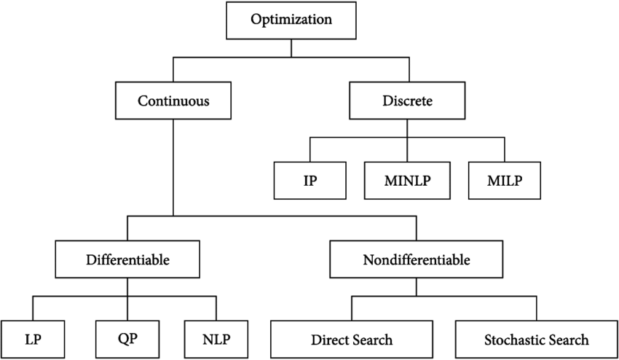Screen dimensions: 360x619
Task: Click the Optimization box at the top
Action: pos(291,20)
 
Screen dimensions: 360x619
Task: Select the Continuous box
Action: pos(173,101)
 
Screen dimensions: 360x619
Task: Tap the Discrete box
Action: pos(408,101)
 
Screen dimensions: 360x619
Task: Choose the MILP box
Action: pos(505,179)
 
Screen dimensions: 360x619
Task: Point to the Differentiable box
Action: pos(128,259)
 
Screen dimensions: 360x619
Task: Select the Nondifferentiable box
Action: pos(417,259)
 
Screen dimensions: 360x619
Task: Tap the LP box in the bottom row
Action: pos(32,340)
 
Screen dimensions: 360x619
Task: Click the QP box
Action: pos(128,339)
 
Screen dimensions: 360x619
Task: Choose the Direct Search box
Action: pos(352,340)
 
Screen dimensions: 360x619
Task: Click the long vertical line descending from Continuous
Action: pos(173,168)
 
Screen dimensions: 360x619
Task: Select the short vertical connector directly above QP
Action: pos(128,308)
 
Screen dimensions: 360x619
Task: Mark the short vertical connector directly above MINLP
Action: pos(408,149)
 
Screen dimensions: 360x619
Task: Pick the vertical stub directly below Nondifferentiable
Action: pos(417,287)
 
